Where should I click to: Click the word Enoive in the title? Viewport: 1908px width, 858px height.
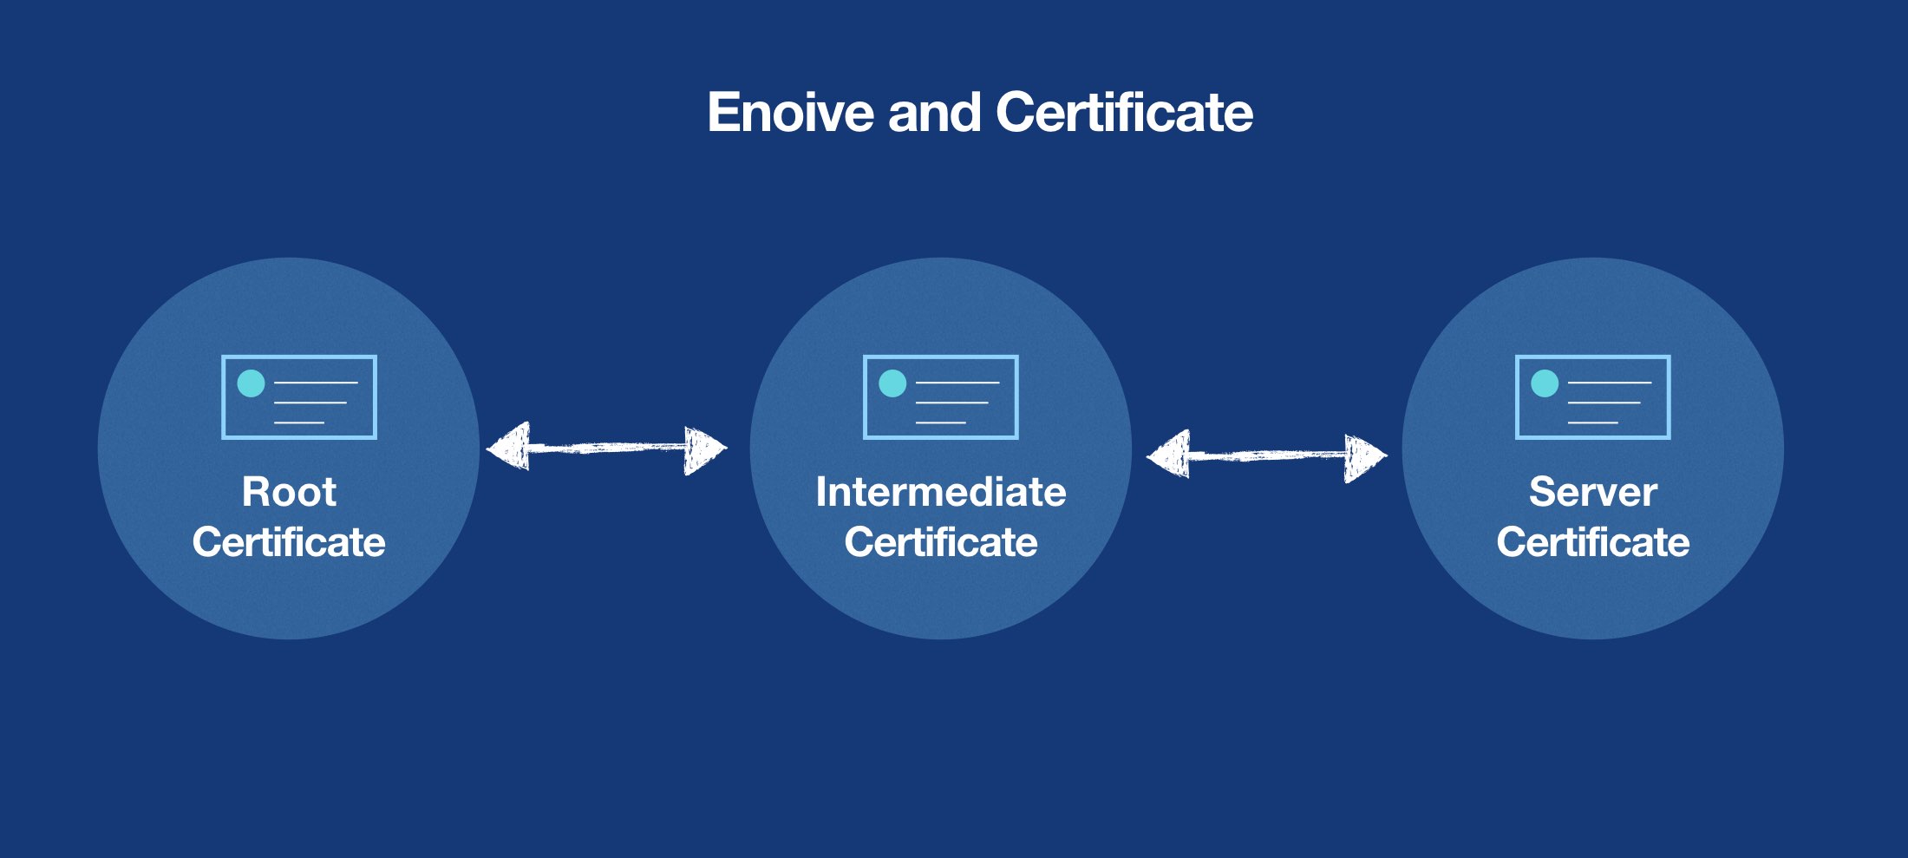pos(789,113)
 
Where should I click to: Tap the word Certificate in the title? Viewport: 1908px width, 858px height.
pos(1124,113)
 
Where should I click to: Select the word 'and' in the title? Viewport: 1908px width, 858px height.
pos(934,113)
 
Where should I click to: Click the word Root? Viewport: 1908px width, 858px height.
pos(289,492)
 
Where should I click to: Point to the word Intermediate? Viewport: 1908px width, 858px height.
pos(940,492)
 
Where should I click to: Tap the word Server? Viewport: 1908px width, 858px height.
pos(1592,492)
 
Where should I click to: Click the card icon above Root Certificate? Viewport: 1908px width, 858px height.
pos(299,397)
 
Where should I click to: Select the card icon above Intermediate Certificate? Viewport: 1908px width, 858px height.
pos(941,397)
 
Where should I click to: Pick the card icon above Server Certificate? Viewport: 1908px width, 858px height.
pos(1593,397)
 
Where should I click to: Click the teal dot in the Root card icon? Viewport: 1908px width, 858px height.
pos(251,383)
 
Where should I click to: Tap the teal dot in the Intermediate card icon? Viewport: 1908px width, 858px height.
pos(892,383)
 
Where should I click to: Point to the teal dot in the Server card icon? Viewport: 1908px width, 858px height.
pos(1545,383)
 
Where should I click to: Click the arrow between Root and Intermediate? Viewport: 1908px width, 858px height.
pos(606,449)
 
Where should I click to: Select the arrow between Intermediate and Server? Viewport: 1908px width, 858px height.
pos(1266,455)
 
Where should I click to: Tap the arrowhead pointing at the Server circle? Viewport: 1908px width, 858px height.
pos(1364,457)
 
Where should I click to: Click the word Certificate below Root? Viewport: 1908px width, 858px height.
pos(289,542)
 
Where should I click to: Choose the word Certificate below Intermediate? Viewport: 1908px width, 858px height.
pos(940,542)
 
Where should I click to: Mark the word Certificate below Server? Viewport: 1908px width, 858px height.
pos(1592,542)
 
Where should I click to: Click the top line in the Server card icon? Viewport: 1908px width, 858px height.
pos(1610,383)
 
